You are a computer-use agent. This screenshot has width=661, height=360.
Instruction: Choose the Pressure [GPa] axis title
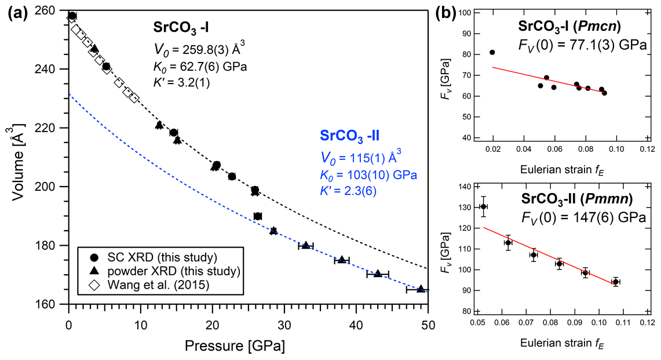pyautogui.click(x=235, y=347)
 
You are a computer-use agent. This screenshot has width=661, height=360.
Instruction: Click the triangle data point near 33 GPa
pyautogui.click(x=306, y=245)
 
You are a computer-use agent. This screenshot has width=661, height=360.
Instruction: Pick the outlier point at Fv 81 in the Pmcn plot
pyautogui.click(x=492, y=52)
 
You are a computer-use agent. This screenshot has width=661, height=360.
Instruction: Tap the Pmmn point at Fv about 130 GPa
pyautogui.click(x=484, y=206)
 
